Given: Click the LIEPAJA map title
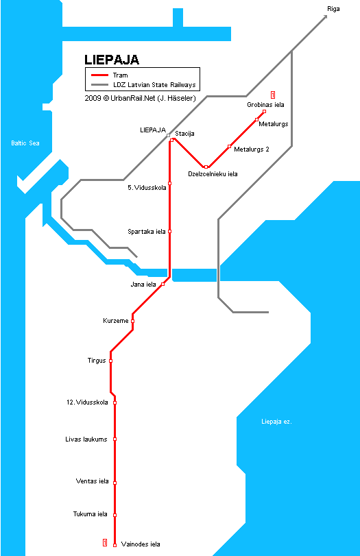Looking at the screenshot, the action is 112,60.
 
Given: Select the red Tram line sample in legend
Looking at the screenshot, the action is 99,75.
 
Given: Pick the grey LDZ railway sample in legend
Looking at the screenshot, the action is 99,85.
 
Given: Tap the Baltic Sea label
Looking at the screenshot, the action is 25,143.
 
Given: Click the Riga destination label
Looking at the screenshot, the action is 333,9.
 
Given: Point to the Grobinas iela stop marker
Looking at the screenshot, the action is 264,111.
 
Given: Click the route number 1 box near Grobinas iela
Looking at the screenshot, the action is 273,95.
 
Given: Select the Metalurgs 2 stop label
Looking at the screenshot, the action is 252,149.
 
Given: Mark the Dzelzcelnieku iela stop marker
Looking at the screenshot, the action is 206,167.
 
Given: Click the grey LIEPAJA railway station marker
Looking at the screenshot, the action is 168,136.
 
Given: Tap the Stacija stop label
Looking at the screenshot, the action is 184,134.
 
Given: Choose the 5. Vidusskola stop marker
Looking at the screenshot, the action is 170,183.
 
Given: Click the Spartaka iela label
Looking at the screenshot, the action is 147,232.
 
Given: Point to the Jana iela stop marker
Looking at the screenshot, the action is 163,284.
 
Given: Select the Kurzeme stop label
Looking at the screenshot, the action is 116,321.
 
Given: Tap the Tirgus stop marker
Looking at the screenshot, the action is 110,361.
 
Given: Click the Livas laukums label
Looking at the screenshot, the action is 86,439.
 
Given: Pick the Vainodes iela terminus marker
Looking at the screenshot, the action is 115,545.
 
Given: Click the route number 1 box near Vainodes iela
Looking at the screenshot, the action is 105,542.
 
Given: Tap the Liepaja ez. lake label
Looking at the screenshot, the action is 276,422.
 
